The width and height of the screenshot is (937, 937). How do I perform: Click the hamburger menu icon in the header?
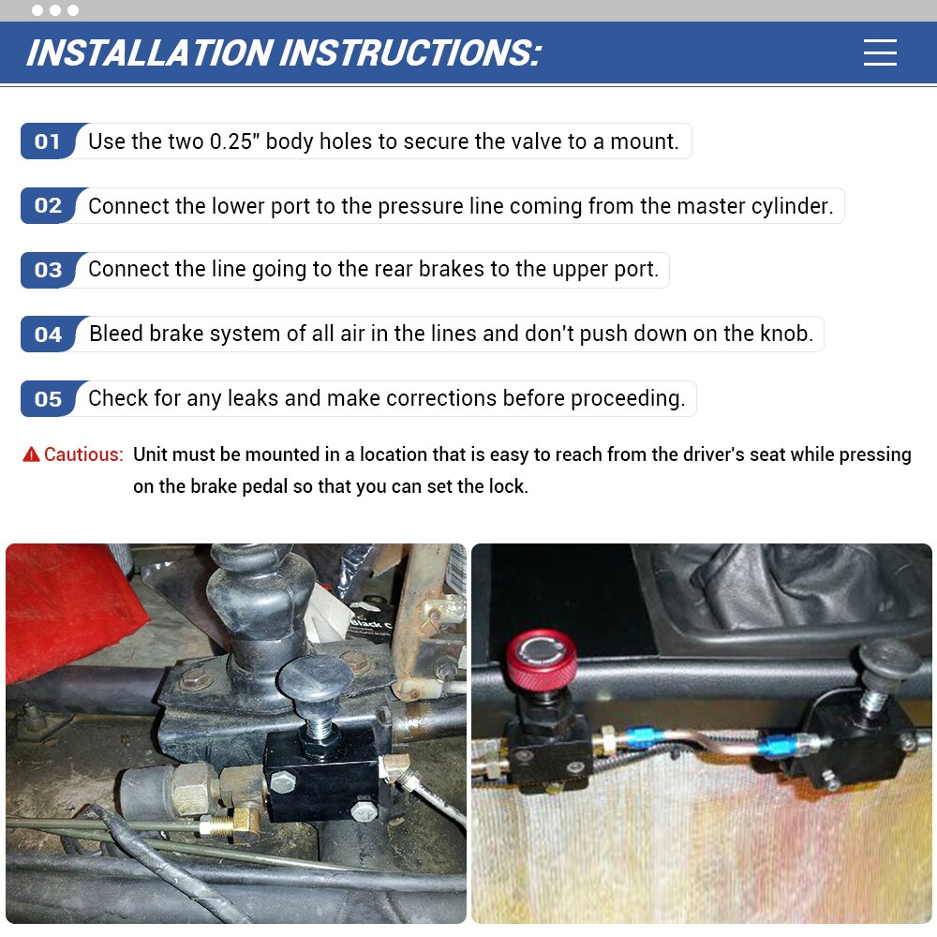[x=880, y=52]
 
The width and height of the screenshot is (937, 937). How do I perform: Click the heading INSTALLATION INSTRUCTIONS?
[x=283, y=53]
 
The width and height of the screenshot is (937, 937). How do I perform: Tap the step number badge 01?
[x=49, y=141]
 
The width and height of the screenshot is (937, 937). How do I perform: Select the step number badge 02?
[x=49, y=206]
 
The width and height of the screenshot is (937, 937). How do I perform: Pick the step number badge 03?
[x=49, y=271]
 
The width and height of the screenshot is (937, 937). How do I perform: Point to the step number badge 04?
[x=49, y=335]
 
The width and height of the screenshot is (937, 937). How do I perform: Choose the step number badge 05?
[x=49, y=399]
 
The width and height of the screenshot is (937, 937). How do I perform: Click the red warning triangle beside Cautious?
[x=31, y=454]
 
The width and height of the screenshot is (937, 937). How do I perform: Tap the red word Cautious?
[x=83, y=454]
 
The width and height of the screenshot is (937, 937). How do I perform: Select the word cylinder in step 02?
[x=792, y=206]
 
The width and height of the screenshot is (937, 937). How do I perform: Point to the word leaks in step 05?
[x=252, y=398]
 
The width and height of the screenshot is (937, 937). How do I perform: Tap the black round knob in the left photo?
[x=316, y=677]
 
